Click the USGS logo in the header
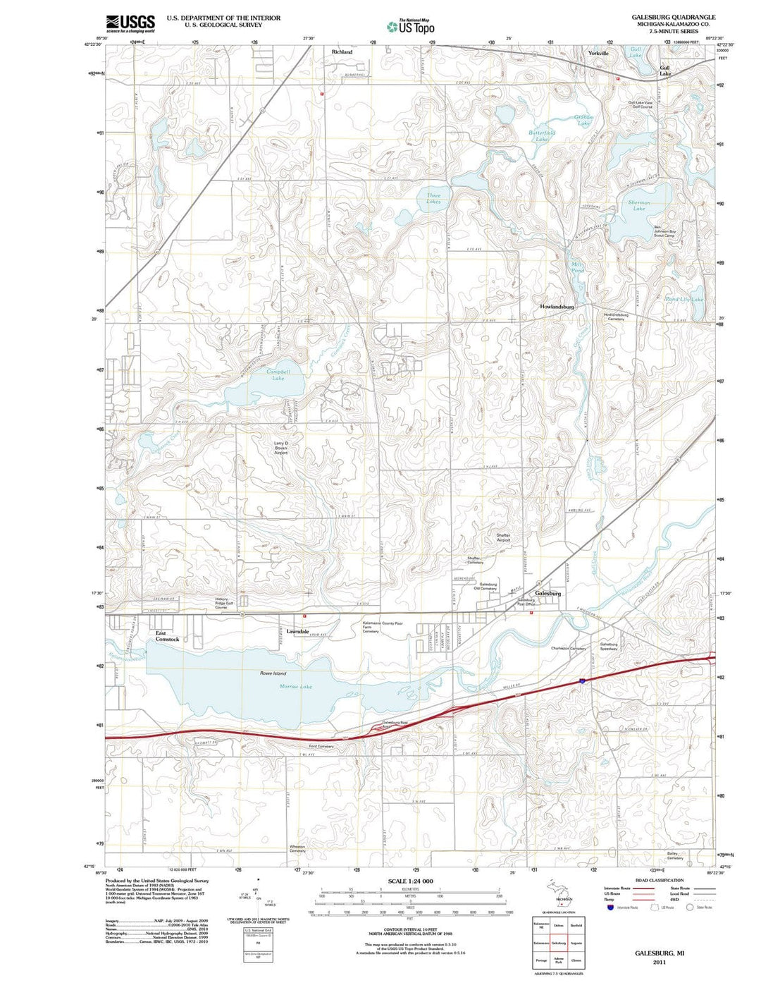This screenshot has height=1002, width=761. pos(130,24)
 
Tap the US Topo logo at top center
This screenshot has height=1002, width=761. pos(410,27)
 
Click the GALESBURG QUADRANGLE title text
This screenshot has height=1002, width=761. pos(664,17)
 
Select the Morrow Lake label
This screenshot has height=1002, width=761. pos(295,686)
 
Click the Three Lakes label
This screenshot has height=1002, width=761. pos(433,198)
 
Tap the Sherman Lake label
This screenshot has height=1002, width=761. pos(639,205)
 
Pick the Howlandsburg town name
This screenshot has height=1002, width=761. pos(557,307)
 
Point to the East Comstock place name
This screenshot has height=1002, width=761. pos(167,636)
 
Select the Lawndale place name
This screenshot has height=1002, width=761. pos(297,631)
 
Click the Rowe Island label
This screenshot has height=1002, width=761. pos(273,673)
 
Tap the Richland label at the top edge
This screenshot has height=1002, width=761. pos(342,51)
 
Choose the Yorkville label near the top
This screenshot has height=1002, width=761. pos(598,53)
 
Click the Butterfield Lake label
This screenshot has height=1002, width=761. pos(542,135)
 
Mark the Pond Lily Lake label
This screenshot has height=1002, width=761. pos(683,299)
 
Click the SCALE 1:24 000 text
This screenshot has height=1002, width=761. pos(410,881)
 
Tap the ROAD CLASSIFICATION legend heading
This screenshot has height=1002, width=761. pos(659,880)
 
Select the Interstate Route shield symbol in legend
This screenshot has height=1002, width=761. pos(610,908)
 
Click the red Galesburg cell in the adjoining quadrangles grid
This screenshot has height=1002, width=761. pos(558,943)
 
